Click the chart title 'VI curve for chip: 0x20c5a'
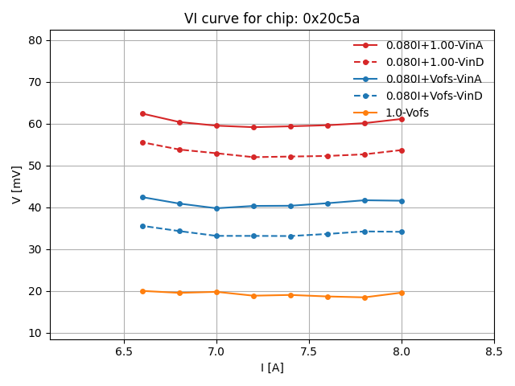[272, 18]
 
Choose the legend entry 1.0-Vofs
[407, 113]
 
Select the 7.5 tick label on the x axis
[309, 352]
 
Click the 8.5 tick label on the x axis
[494, 352]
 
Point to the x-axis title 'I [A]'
[272, 368]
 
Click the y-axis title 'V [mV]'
[17, 184]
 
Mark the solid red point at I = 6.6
[142, 113]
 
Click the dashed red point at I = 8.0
[402, 150]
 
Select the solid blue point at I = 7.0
[216, 208]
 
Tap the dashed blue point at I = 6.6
[142, 226]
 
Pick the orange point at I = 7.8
[365, 298]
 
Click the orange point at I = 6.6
[142, 291]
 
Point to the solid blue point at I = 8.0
[402, 201]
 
